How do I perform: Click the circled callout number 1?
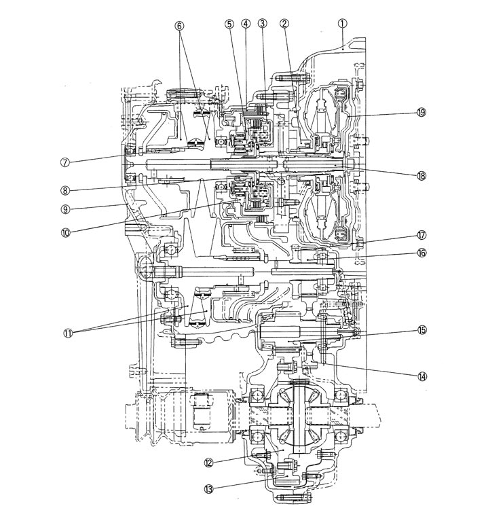343,22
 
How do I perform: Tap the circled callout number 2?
284,22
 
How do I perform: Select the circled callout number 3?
262,22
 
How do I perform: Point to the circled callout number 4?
245,22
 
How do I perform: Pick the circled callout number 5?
229,22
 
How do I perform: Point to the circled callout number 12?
209,463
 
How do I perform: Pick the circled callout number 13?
209,487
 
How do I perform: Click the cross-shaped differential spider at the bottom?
299,414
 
